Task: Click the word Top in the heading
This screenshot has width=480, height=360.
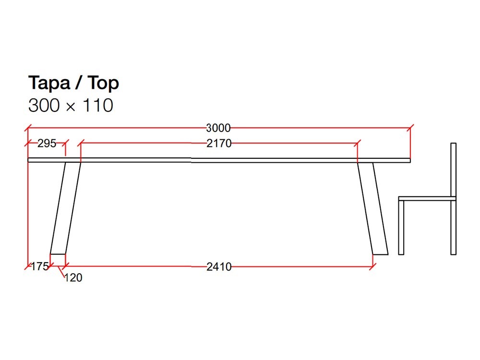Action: point(103,84)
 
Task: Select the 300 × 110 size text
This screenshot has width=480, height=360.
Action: point(71,105)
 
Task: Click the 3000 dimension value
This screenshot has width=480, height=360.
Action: point(218,128)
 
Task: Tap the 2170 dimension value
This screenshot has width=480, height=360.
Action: point(219,143)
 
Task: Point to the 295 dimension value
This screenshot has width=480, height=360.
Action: point(47,143)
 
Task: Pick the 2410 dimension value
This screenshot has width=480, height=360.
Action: point(219,267)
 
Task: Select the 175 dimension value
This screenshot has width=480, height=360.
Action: point(40,266)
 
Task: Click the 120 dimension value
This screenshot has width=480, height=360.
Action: point(73,277)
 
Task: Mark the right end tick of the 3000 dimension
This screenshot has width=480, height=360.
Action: point(410,128)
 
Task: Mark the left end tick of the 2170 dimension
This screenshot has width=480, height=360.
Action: point(81,143)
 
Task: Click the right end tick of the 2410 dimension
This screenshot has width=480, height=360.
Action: point(372,266)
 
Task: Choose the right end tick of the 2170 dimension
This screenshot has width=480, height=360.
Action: point(357,143)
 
